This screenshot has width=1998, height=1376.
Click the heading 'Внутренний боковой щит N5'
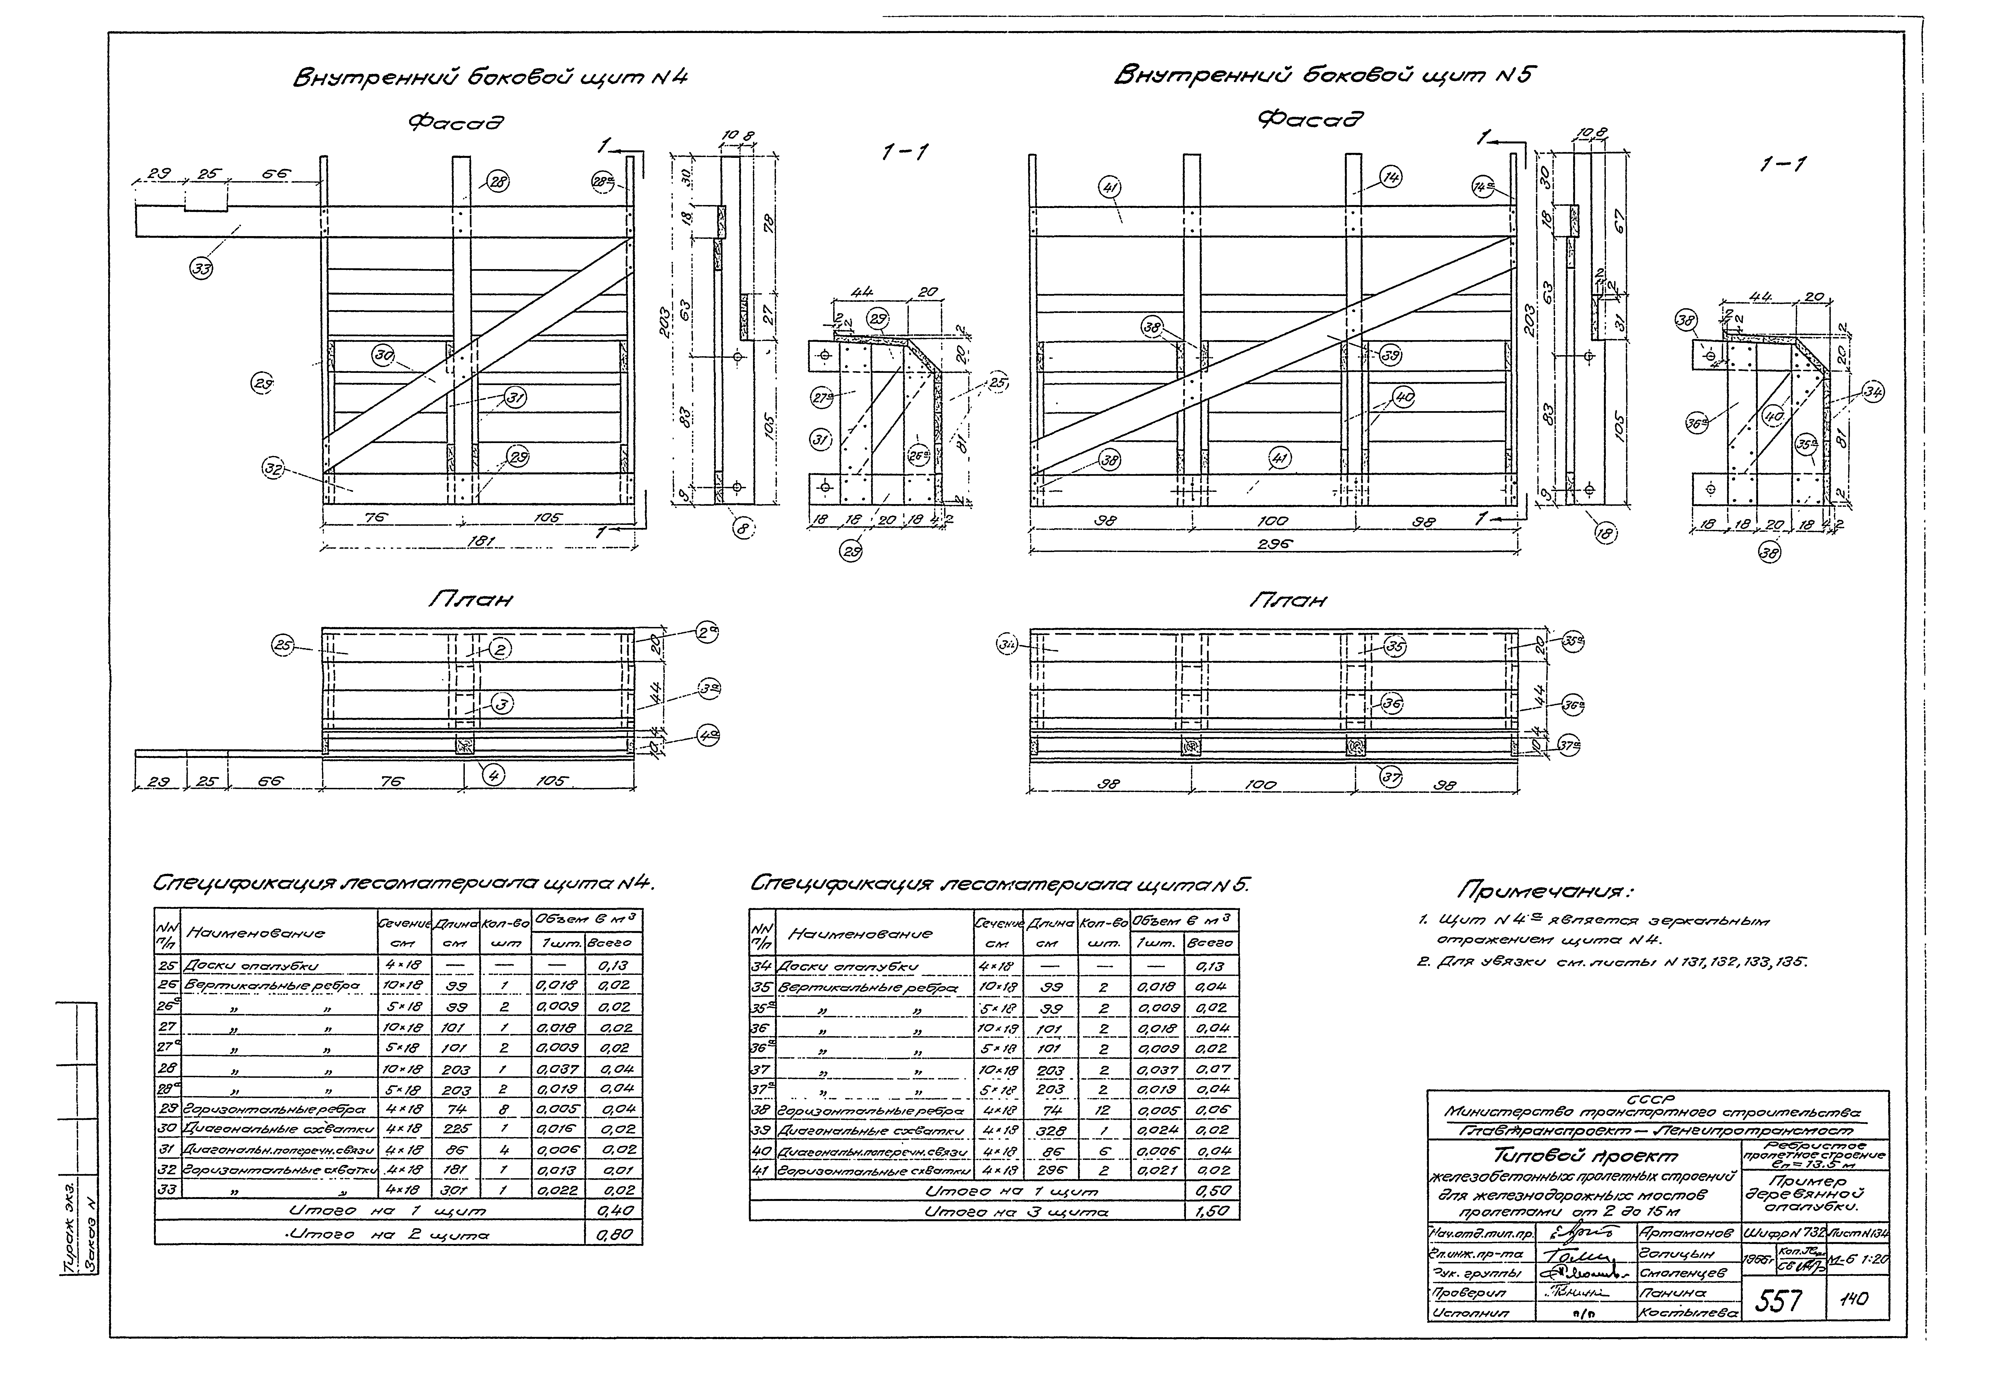[x=1324, y=76]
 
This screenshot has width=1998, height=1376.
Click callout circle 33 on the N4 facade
[x=202, y=269]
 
